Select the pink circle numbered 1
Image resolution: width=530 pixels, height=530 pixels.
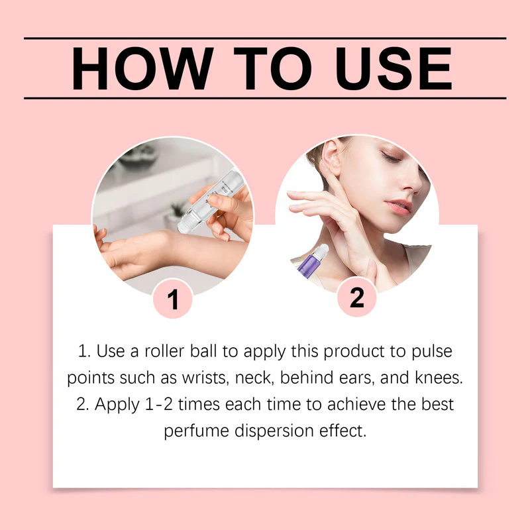(x=173, y=299)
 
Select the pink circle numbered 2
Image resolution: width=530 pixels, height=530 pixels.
(x=357, y=297)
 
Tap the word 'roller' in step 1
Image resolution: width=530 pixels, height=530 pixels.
(x=164, y=352)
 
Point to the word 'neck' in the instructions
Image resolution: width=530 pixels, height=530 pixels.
(x=254, y=378)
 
